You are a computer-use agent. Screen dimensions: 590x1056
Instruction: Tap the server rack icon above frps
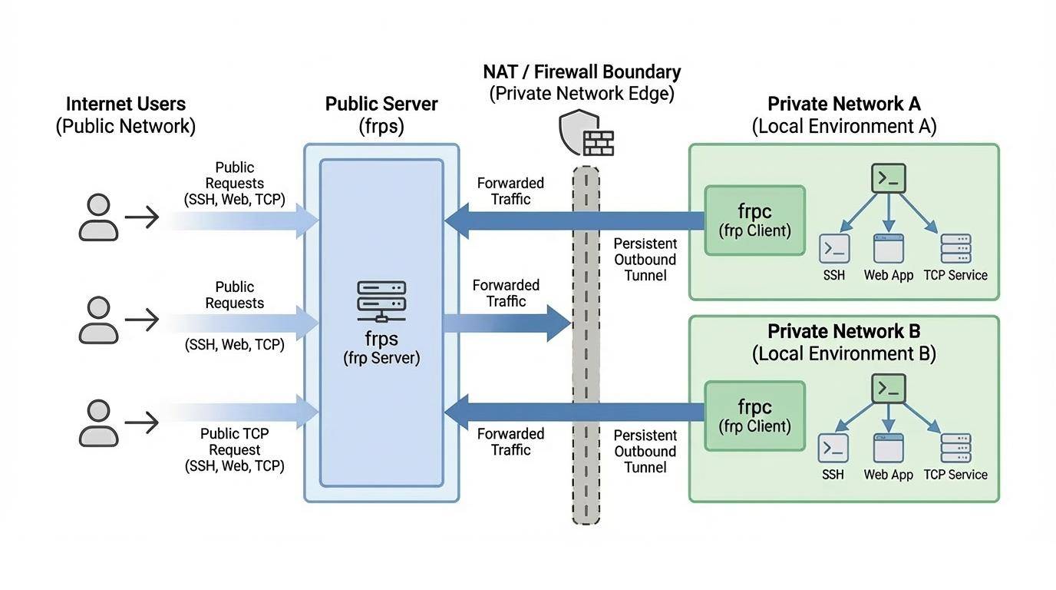click(x=381, y=300)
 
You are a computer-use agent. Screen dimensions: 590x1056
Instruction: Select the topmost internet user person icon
click(x=98, y=217)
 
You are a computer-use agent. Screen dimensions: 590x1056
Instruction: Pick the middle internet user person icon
click(x=98, y=320)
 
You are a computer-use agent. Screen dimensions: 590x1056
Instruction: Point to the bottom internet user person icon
click(x=98, y=423)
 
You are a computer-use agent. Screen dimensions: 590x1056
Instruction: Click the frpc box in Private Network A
click(x=754, y=220)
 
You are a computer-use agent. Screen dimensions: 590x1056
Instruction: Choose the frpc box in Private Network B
click(x=754, y=417)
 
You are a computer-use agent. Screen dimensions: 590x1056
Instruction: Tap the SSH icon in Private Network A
click(x=833, y=248)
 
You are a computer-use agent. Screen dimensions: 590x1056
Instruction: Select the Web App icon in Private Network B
click(x=888, y=448)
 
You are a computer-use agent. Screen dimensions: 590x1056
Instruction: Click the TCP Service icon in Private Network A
click(x=955, y=249)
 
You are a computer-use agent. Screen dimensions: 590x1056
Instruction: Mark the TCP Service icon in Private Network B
click(x=955, y=448)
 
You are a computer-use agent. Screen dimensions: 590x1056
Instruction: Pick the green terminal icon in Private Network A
click(x=889, y=178)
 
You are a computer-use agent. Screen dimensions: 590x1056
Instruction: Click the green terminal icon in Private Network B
click(x=889, y=389)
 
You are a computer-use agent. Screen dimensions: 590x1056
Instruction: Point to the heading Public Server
click(x=381, y=104)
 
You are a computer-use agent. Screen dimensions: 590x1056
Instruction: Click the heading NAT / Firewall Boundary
click(x=582, y=72)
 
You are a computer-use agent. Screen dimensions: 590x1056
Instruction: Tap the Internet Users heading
click(x=126, y=104)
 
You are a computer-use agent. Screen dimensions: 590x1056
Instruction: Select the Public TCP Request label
click(x=235, y=442)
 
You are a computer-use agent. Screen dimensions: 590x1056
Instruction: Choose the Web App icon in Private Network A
click(x=888, y=248)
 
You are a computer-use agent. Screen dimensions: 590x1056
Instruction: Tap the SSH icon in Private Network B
click(x=833, y=448)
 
